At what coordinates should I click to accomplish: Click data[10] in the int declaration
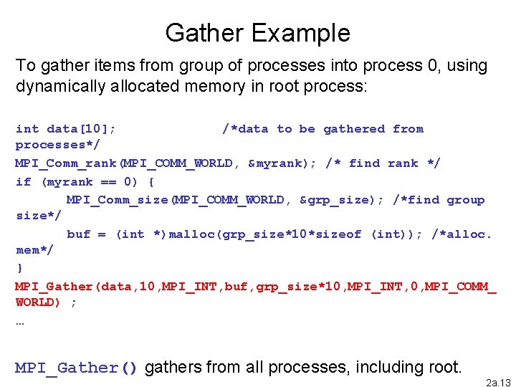point(81,129)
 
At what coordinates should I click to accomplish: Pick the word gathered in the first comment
point(354,129)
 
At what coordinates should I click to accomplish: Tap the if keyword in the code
point(23,181)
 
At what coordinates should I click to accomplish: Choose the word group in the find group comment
point(466,200)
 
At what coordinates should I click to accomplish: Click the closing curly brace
point(19,268)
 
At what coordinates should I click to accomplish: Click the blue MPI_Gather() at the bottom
point(77,368)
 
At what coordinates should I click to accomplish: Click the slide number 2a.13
point(500,383)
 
